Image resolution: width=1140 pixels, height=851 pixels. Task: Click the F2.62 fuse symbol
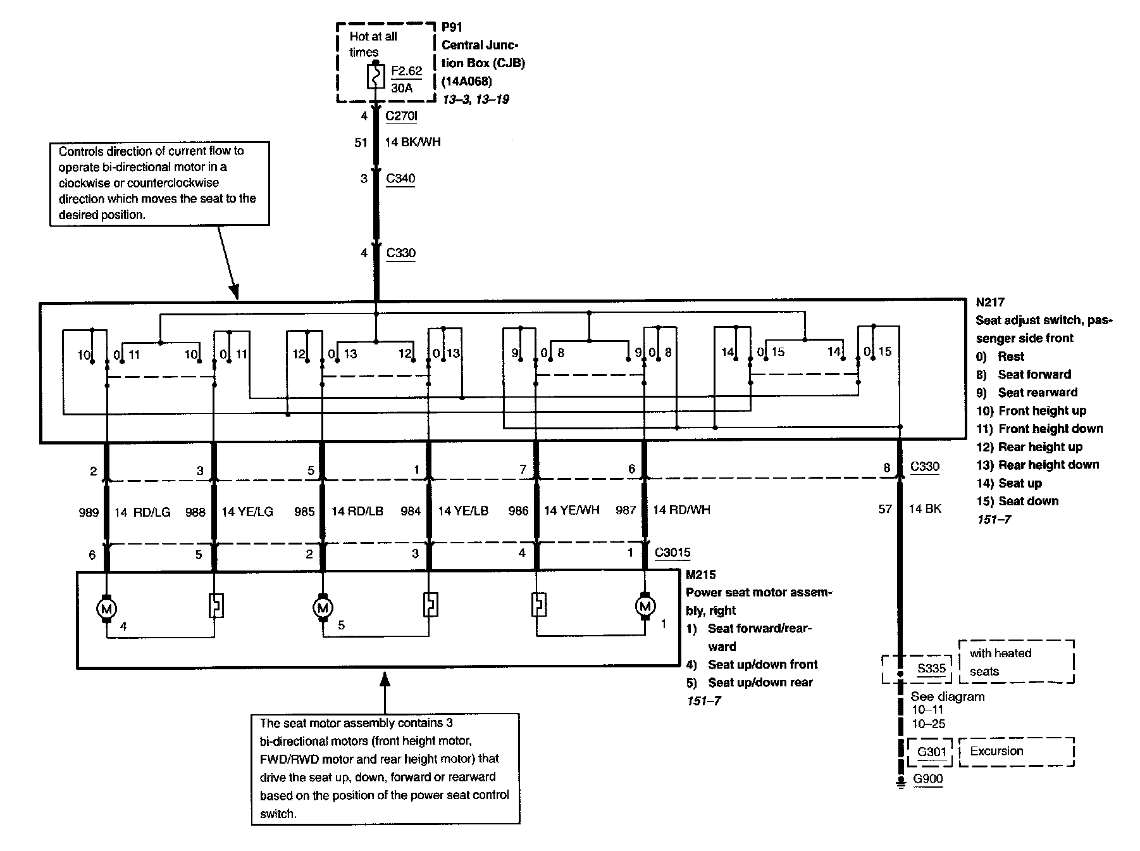(x=376, y=78)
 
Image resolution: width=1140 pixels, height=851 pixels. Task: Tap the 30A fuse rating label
(x=402, y=88)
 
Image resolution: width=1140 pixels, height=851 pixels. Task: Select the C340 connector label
(x=400, y=179)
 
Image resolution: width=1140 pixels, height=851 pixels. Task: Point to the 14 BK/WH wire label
(x=412, y=142)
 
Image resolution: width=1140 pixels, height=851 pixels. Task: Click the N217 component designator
(x=990, y=302)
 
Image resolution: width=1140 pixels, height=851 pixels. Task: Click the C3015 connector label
(x=672, y=553)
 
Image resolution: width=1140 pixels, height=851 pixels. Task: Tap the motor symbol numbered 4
(x=106, y=608)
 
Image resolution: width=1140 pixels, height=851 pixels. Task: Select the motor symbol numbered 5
(x=323, y=608)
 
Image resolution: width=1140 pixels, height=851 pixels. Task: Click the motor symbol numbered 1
(x=645, y=607)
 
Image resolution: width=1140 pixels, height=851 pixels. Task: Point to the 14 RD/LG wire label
(x=142, y=512)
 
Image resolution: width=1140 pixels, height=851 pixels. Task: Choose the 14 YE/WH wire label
(x=571, y=510)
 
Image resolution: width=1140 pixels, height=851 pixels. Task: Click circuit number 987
(x=626, y=510)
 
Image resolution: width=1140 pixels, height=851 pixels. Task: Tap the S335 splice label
(x=931, y=669)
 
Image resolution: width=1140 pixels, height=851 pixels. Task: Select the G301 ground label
(x=931, y=752)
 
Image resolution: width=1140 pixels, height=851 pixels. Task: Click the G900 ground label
(x=928, y=779)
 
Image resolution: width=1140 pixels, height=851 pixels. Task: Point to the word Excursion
(x=996, y=752)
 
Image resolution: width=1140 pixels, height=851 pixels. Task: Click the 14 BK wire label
(x=925, y=508)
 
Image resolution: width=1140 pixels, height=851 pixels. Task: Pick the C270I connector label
(x=401, y=117)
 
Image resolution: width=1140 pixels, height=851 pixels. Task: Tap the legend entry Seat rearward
(x=1038, y=393)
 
